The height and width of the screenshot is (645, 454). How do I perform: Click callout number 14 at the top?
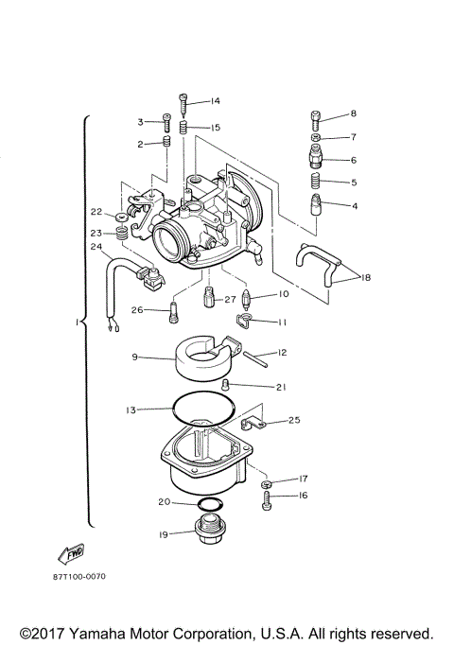pos(216,101)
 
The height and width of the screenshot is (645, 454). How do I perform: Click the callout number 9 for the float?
pos(135,357)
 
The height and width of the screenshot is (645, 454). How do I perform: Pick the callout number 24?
pos(96,248)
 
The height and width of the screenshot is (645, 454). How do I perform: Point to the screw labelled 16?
pos(269,496)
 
